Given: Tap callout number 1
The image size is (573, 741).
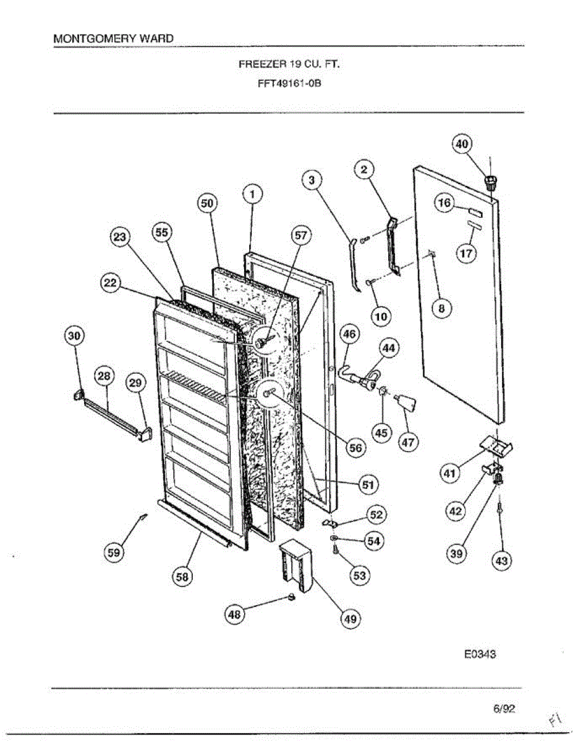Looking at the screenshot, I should coord(252,195).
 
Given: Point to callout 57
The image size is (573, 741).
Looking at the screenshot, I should coord(301,235).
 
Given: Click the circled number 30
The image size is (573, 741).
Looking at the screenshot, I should coord(74,335).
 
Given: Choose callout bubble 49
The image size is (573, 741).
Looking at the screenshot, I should coord(351,619).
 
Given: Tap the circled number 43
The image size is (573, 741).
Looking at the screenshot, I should coord(501,561).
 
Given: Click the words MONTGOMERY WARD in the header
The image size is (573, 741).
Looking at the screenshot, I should coord(114,38).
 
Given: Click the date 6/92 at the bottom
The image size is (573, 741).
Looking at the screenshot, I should coord(504,709).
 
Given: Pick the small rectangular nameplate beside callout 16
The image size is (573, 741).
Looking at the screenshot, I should coord(473,211).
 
